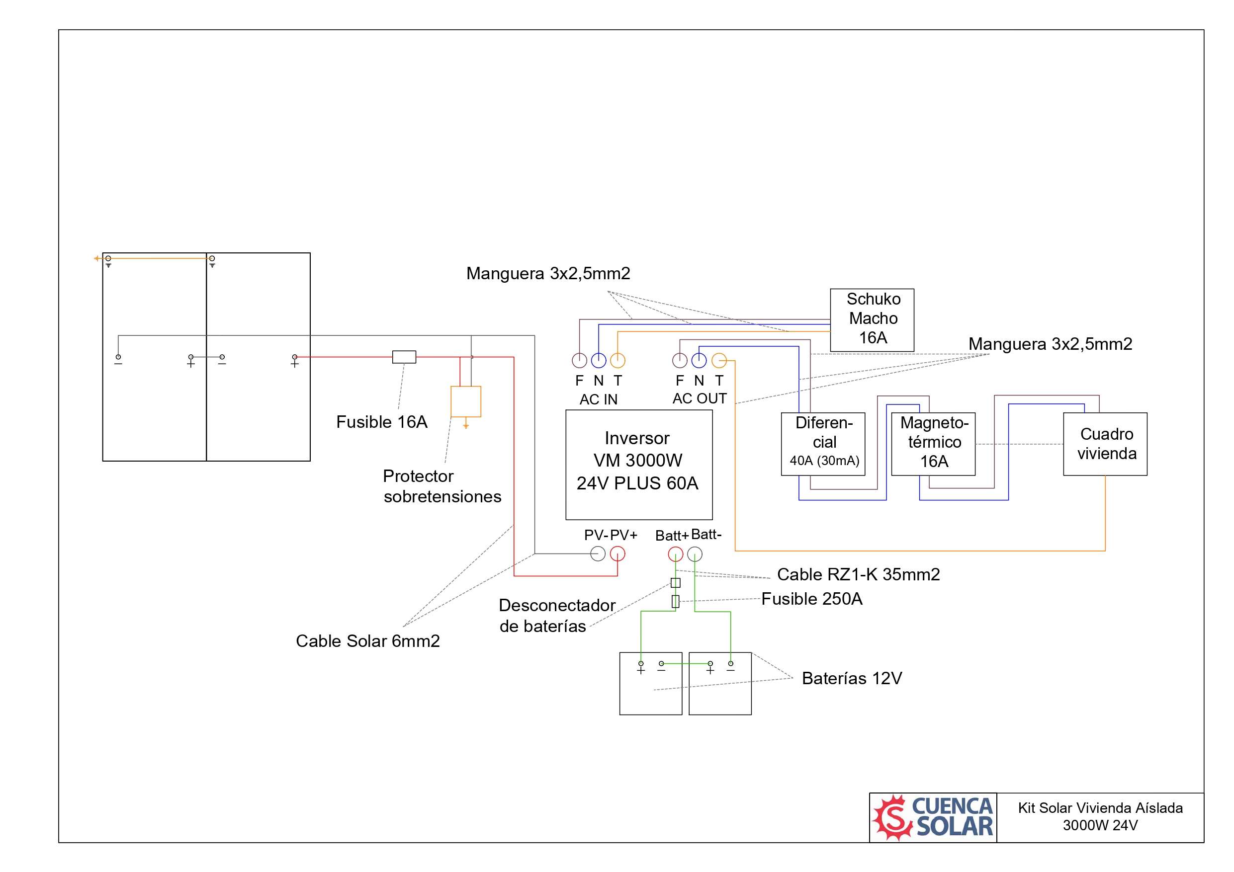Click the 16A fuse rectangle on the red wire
click(404, 357)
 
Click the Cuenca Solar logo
click(933, 817)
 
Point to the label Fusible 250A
click(811, 599)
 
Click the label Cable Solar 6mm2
click(367, 641)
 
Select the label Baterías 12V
click(852, 678)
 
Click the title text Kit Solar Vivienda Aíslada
click(1100, 807)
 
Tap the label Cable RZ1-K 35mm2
click(858, 574)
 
